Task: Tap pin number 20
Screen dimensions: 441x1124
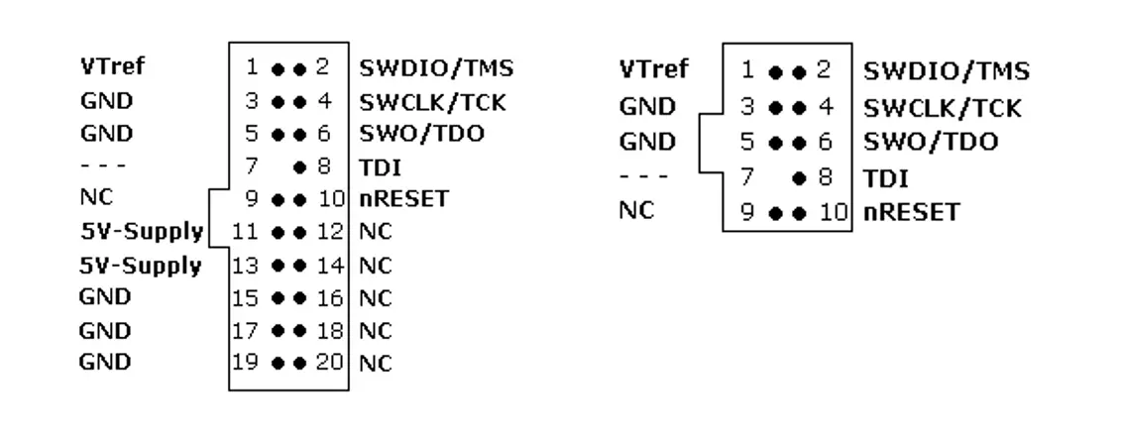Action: [330, 362]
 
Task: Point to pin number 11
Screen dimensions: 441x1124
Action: [244, 232]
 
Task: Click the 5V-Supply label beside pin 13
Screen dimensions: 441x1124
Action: [142, 265]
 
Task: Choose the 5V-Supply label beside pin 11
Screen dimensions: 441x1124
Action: [142, 232]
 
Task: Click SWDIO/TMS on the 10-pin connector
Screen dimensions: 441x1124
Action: [946, 70]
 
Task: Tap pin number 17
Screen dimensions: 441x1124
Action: [244, 329]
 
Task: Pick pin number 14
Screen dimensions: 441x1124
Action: [330, 265]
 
